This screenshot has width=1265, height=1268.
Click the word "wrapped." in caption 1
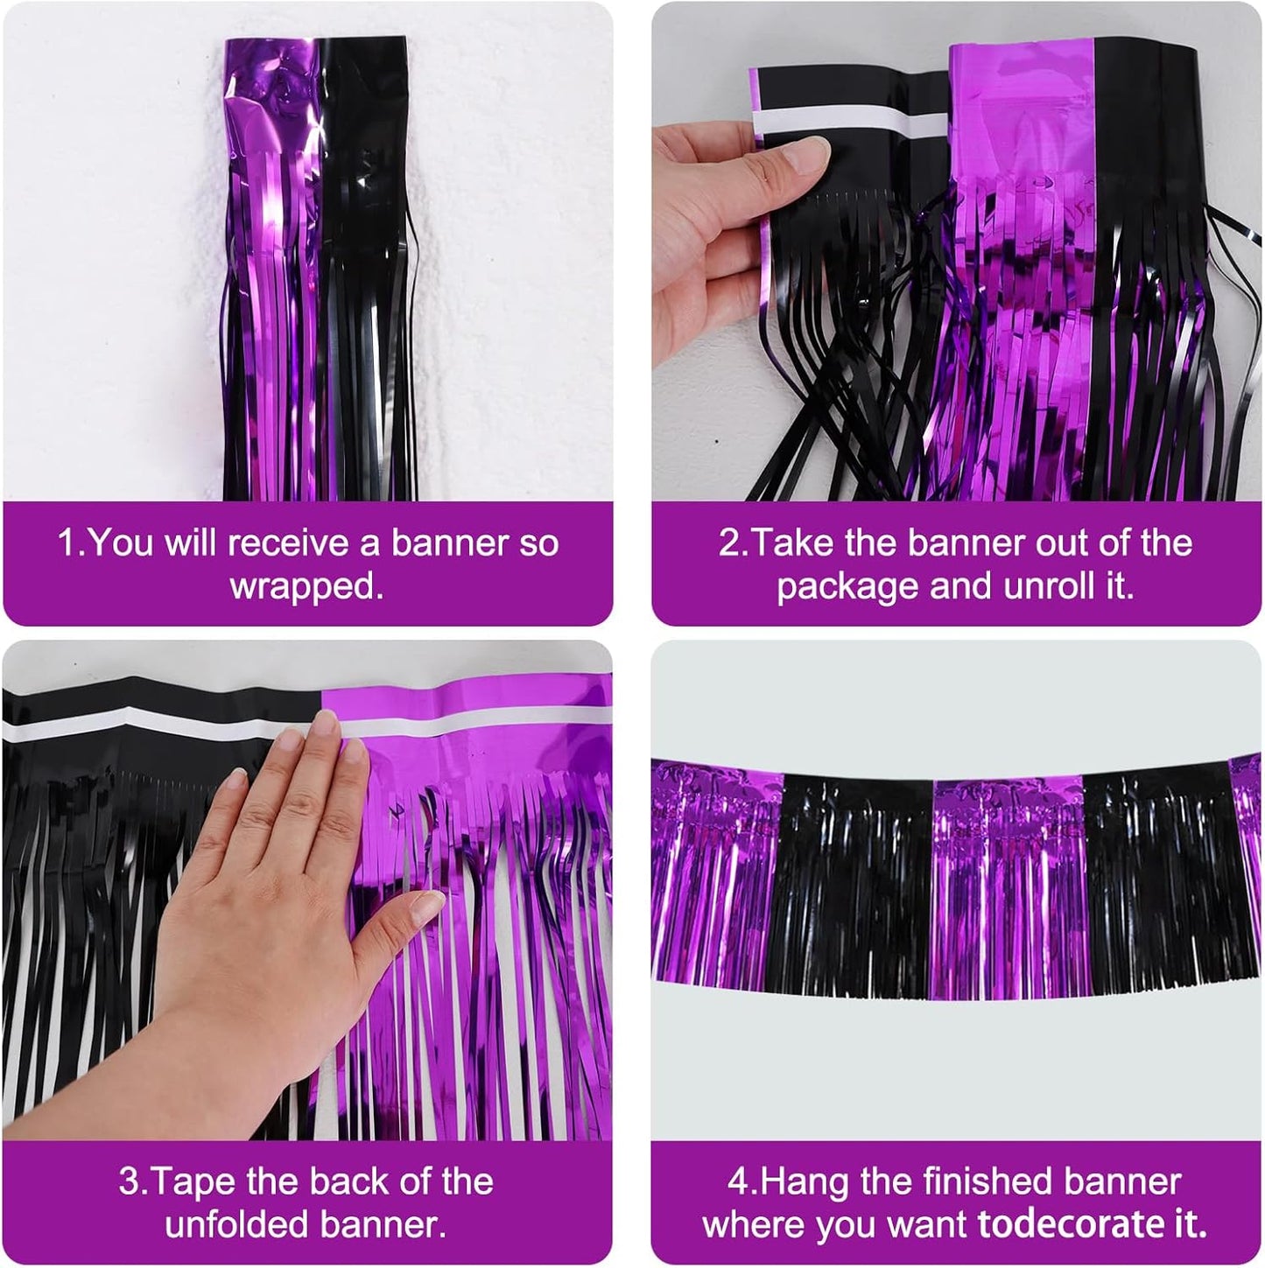(307, 586)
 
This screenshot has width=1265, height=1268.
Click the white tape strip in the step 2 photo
(840, 120)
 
